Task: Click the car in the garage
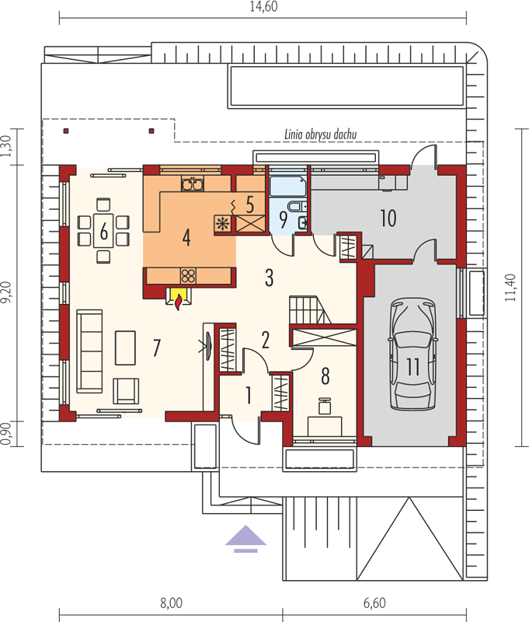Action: [x=412, y=355]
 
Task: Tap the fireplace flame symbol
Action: [x=179, y=301]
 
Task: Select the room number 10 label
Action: [x=388, y=218]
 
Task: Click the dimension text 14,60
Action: [x=263, y=7]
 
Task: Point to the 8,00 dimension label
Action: [x=171, y=603]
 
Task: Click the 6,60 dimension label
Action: [x=374, y=603]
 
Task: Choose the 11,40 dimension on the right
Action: [x=510, y=288]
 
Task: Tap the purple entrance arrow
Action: [x=245, y=539]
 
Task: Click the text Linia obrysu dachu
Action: [x=321, y=135]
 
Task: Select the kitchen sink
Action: [x=193, y=184]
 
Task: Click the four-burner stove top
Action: [x=188, y=275]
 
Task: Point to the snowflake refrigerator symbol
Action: [x=222, y=224]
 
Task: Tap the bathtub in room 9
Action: [x=287, y=187]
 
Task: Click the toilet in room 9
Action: [x=297, y=207]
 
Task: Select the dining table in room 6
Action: [x=103, y=231]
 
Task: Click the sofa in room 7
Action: [x=89, y=351]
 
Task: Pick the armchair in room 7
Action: [x=126, y=391]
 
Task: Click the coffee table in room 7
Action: [x=125, y=348]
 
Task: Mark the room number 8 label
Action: [x=325, y=376]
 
